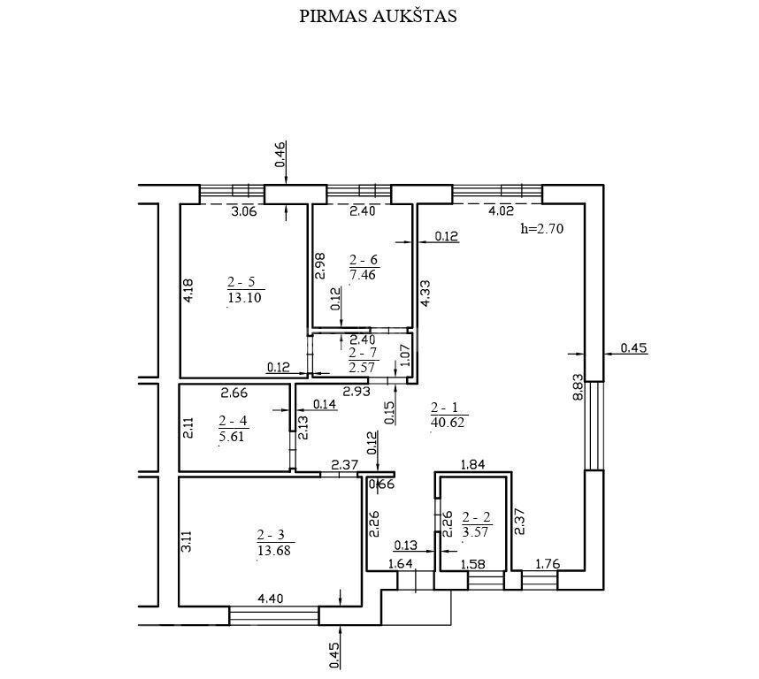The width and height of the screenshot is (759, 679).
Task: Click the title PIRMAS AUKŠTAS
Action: coord(378,16)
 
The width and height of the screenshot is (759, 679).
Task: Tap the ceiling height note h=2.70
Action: coord(542,228)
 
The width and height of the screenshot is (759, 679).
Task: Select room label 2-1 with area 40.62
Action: coord(448,416)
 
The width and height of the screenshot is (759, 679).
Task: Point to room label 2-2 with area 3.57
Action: coord(476,525)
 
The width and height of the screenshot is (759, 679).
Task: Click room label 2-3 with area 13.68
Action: coord(274,543)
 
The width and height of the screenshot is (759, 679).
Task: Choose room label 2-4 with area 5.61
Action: coord(233,429)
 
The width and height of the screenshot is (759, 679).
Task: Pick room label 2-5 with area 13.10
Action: coord(244,289)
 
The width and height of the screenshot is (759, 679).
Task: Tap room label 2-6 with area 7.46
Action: coord(363,267)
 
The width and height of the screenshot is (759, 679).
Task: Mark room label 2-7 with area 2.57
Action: coord(362,360)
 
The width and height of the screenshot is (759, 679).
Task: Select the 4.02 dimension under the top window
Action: coord(501,210)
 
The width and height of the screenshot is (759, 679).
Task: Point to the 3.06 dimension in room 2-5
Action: coord(243,210)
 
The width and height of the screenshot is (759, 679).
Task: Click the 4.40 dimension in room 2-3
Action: coord(270,599)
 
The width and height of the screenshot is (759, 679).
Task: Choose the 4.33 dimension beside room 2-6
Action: coord(425,293)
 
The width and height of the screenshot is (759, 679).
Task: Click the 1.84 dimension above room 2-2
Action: coord(472,465)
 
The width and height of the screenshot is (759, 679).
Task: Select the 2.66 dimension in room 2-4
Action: coord(234,393)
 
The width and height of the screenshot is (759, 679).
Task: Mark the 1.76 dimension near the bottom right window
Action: coord(548,564)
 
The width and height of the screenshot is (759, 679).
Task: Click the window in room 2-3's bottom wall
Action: coord(273,615)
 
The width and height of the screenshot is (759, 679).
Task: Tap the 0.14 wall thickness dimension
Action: coord(325,404)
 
